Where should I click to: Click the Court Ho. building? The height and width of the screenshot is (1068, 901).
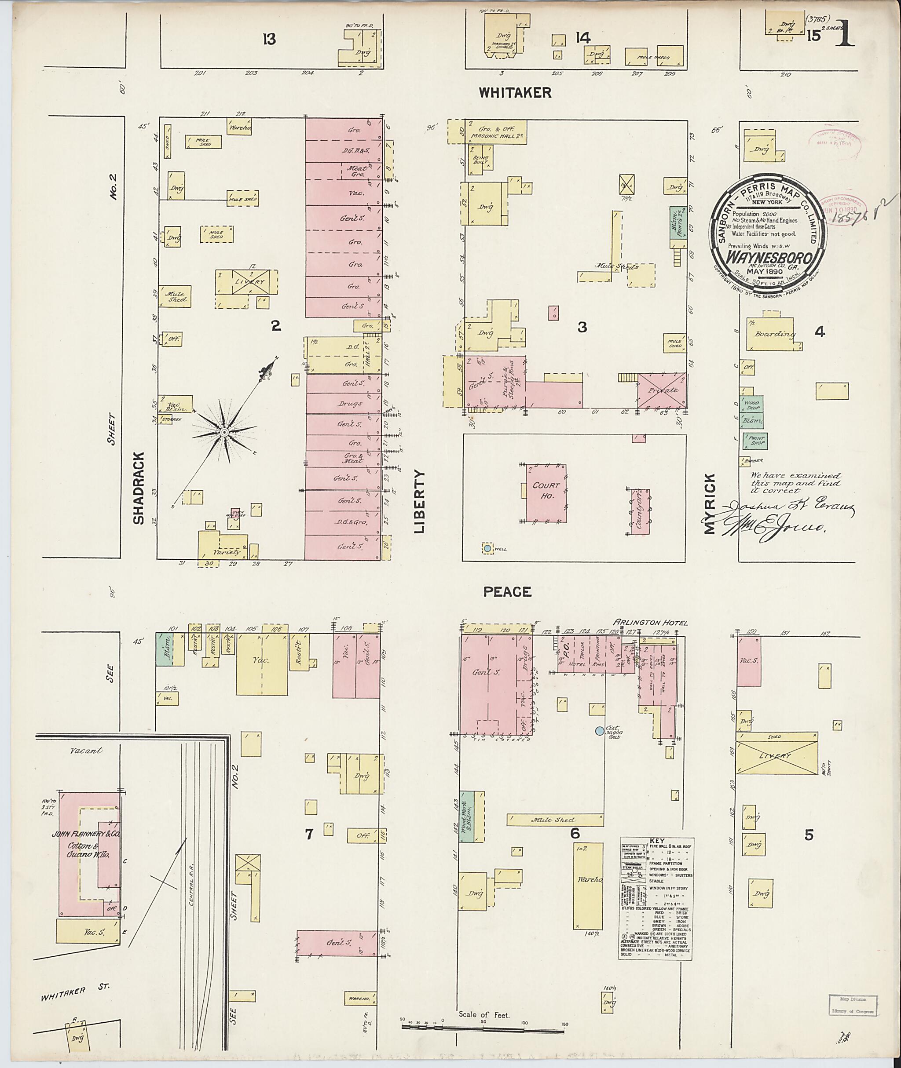click(546, 492)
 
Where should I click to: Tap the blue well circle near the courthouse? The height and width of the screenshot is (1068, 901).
click(487, 548)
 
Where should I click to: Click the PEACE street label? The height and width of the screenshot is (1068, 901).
click(507, 592)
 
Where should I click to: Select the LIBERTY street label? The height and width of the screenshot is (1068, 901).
click(420, 502)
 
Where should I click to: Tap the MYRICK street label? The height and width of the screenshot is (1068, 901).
click(710, 503)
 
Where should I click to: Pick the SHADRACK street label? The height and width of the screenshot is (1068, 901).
click(139, 488)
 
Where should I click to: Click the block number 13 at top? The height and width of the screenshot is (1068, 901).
click(269, 39)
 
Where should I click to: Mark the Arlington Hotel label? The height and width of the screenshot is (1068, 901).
click(651, 623)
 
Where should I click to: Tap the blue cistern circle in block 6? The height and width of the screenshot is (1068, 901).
click(599, 731)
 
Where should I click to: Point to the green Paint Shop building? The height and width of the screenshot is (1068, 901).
click(754, 441)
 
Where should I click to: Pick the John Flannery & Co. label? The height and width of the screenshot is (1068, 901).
click(86, 835)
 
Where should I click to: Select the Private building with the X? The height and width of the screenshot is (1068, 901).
click(661, 390)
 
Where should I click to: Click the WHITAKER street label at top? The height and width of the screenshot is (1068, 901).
click(515, 92)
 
